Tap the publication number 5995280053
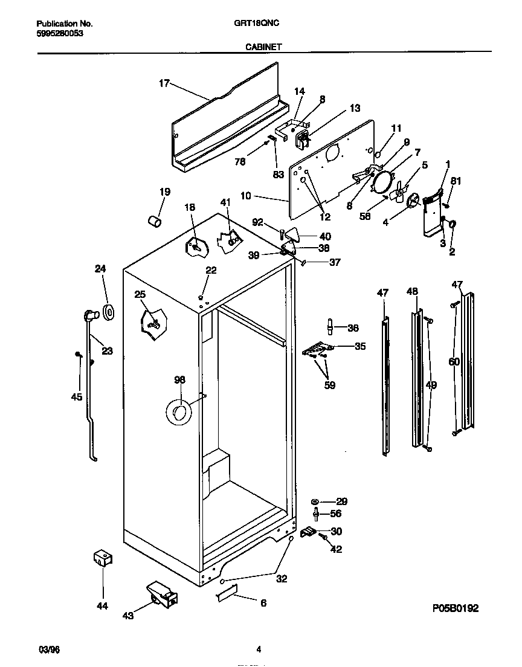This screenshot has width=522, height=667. pyautogui.click(x=56, y=34)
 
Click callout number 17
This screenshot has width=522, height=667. pyautogui.click(x=164, y=84)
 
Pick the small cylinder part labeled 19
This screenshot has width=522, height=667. pyautogui.click(x=155, y=221)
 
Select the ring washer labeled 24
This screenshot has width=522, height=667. pyautogui.click(x=109, y=312)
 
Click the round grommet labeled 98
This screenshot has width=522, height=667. pyautogui.click(x=178, y=413)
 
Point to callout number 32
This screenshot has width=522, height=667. pyautogui.click(x=282, y=578)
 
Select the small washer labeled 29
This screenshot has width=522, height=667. pyautogui.click(x=315, y=501)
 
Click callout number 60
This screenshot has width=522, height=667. pyautogui.click(x=454, y=362)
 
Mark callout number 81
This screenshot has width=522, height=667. pyautogui.click(x=456, y=179)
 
